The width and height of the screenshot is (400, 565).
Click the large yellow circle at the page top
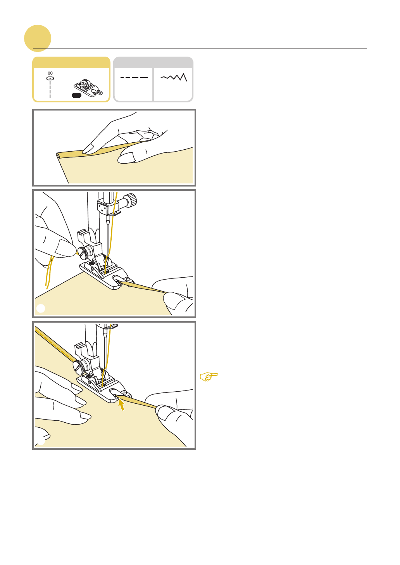(38, 38)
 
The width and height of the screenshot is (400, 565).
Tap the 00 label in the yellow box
(50, 73)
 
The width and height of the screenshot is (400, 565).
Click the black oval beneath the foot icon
(76, 95)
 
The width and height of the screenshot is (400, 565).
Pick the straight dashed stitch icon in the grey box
(134, 78)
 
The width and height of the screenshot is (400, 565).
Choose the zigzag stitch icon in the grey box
(174, 77)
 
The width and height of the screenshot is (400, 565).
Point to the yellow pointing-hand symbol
(209, 377)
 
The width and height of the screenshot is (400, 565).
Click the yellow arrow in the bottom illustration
(121, 405)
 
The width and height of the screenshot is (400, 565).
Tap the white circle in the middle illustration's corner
(41, 308)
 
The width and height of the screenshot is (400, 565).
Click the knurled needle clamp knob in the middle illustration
(131, 200)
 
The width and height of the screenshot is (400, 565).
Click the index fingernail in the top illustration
(88, 149)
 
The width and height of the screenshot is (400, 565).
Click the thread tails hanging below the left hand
(49, 272)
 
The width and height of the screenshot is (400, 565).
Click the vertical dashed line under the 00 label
(50, 89)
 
